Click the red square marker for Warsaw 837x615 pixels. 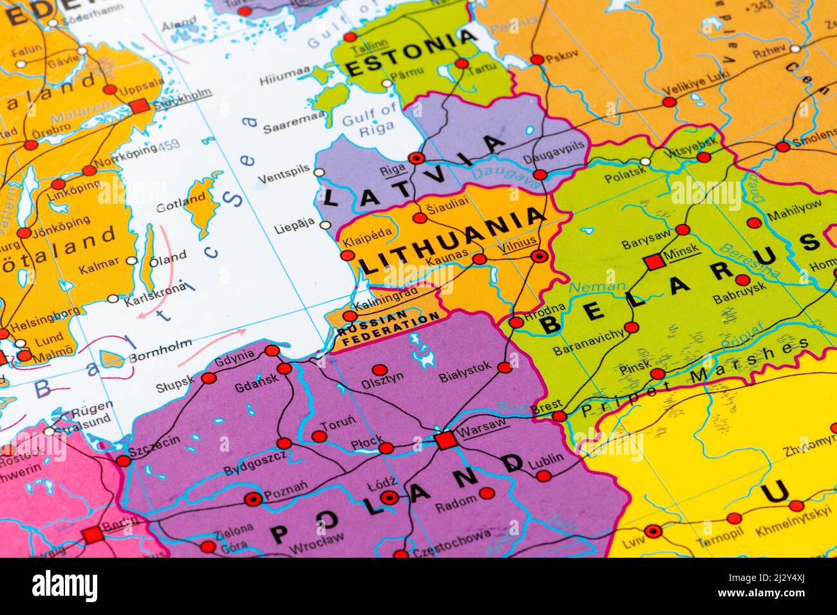(444, 441)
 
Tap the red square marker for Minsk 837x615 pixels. (654, 262)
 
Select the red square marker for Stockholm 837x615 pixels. (138, 107)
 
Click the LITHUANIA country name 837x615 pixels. (451, 242)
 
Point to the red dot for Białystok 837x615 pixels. (505, 368)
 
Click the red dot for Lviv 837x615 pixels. (654, 531)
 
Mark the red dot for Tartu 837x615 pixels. (462, 64)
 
